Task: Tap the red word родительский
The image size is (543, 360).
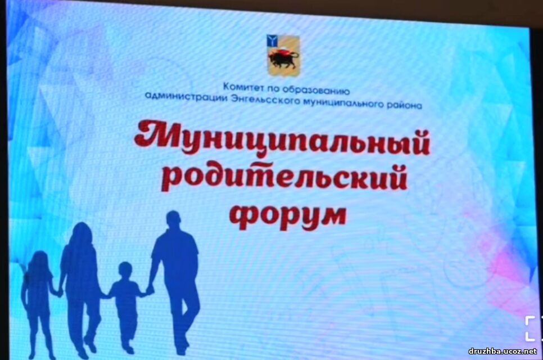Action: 284,178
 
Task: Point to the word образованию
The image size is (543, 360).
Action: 316,91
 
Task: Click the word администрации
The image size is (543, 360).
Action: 186,96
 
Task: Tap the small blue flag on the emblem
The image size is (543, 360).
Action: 272,40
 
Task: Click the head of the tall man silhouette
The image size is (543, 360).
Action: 173,220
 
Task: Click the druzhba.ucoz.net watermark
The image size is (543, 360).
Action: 503,352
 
